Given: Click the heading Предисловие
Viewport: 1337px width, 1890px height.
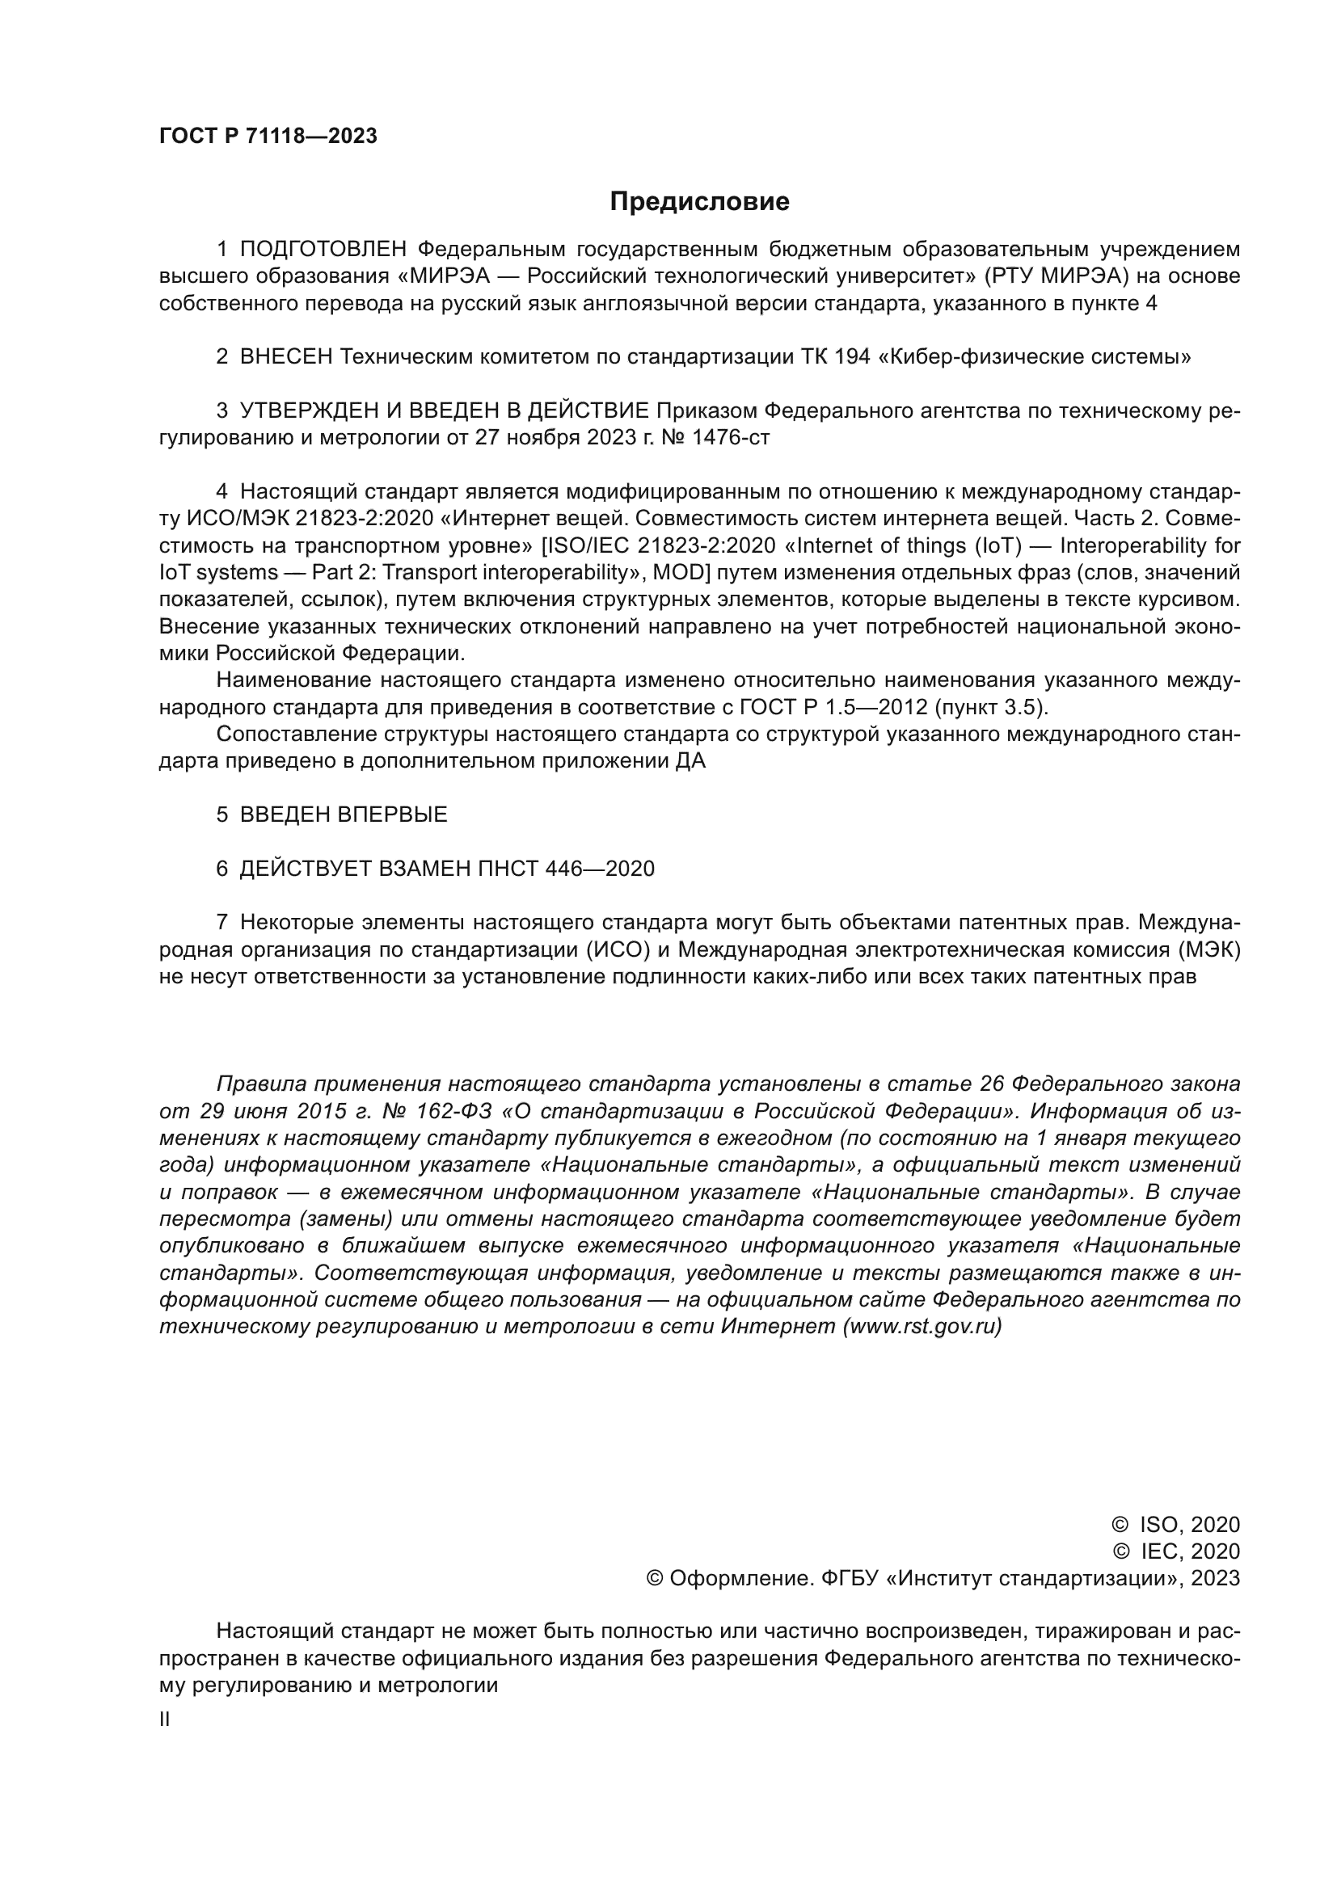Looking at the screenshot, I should pos(699,202).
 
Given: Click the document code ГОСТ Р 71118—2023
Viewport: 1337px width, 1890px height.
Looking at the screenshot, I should pos(268,137).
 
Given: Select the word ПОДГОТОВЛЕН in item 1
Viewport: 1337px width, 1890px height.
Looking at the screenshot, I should pos(323,250).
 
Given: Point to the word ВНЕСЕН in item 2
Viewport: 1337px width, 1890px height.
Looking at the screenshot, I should pos(286,357).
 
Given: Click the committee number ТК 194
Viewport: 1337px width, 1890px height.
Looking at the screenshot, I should pos(835,357).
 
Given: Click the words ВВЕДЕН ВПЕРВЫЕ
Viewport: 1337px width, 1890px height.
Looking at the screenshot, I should pos(344,815).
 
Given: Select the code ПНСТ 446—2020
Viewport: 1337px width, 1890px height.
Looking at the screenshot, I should pos(566,869).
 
